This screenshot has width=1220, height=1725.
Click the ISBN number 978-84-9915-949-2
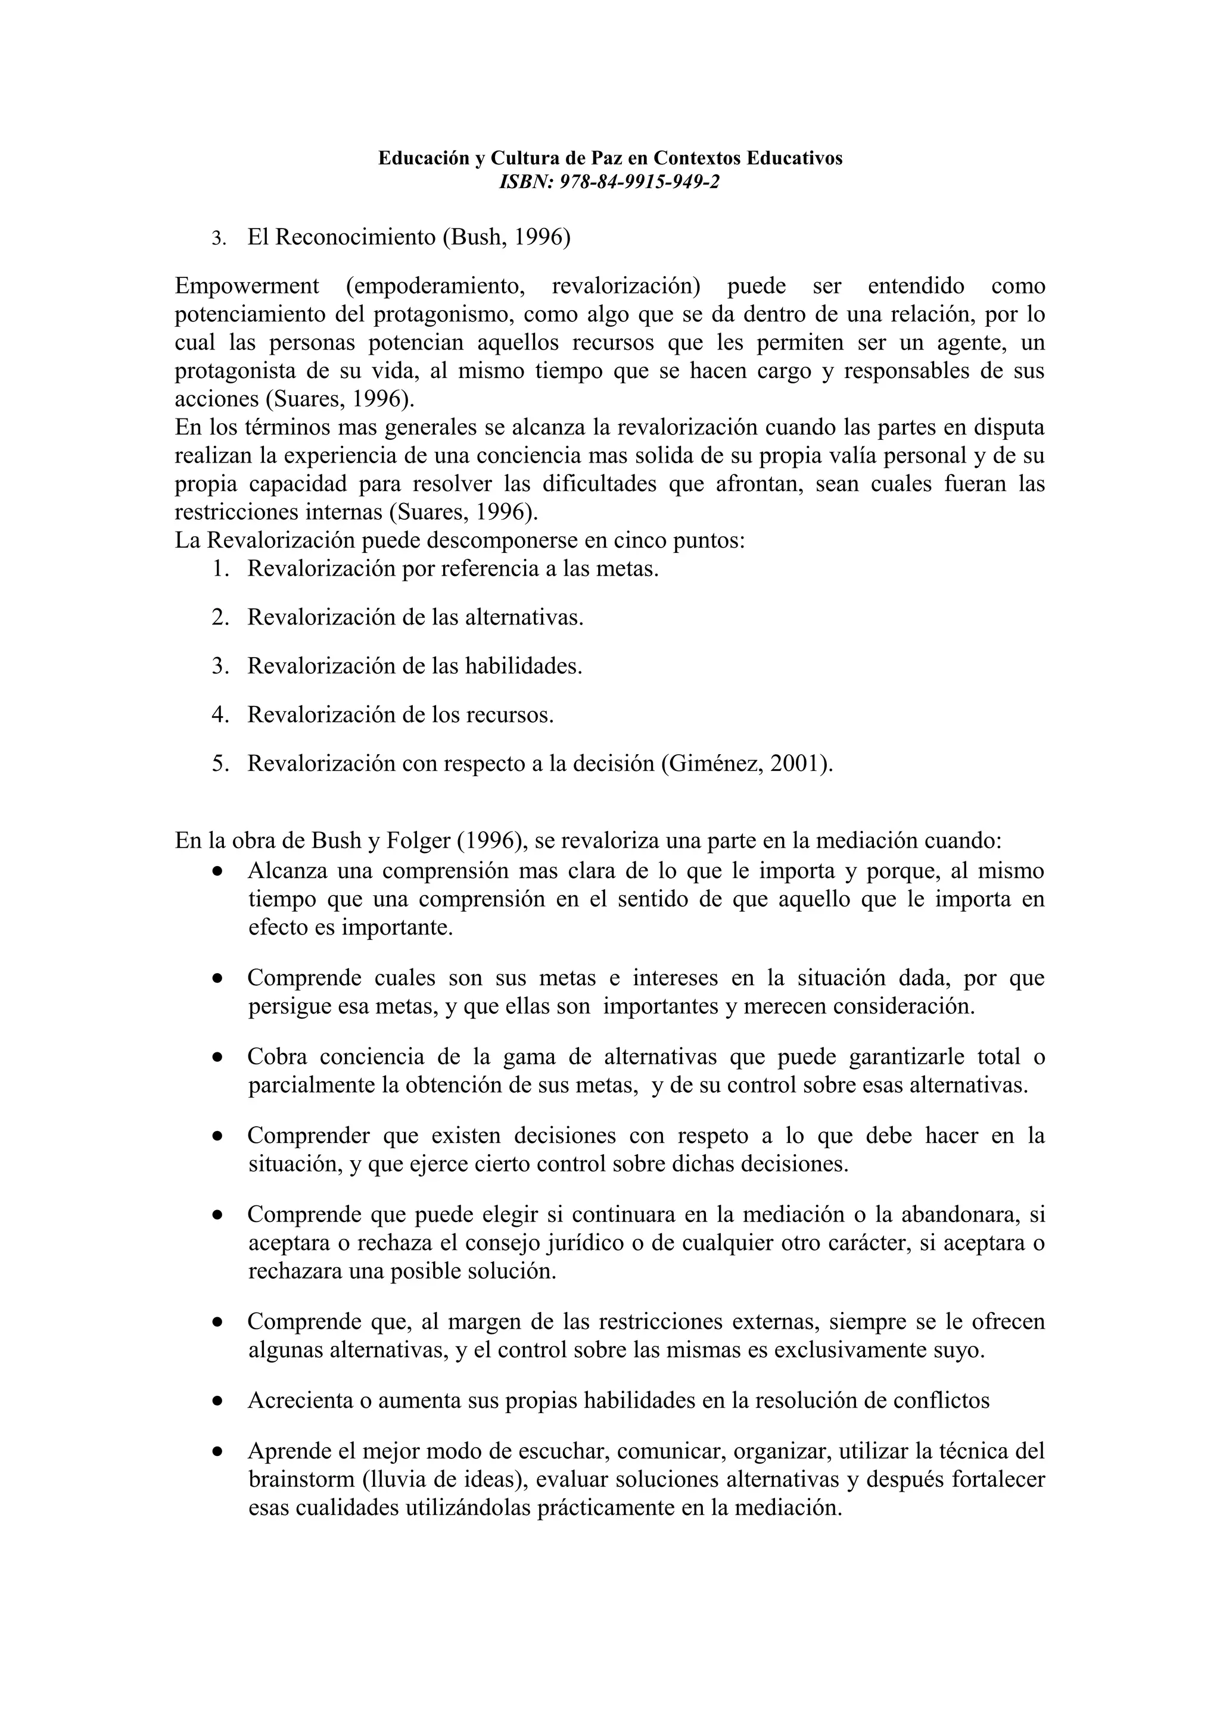pos(640,182)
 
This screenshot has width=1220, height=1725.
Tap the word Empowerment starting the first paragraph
pos(247,286)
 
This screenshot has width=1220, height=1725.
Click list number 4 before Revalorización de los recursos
pos(219,714)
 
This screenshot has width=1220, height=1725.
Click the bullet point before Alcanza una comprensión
pos(217,872)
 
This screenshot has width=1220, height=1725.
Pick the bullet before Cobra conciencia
pos(217,1058)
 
